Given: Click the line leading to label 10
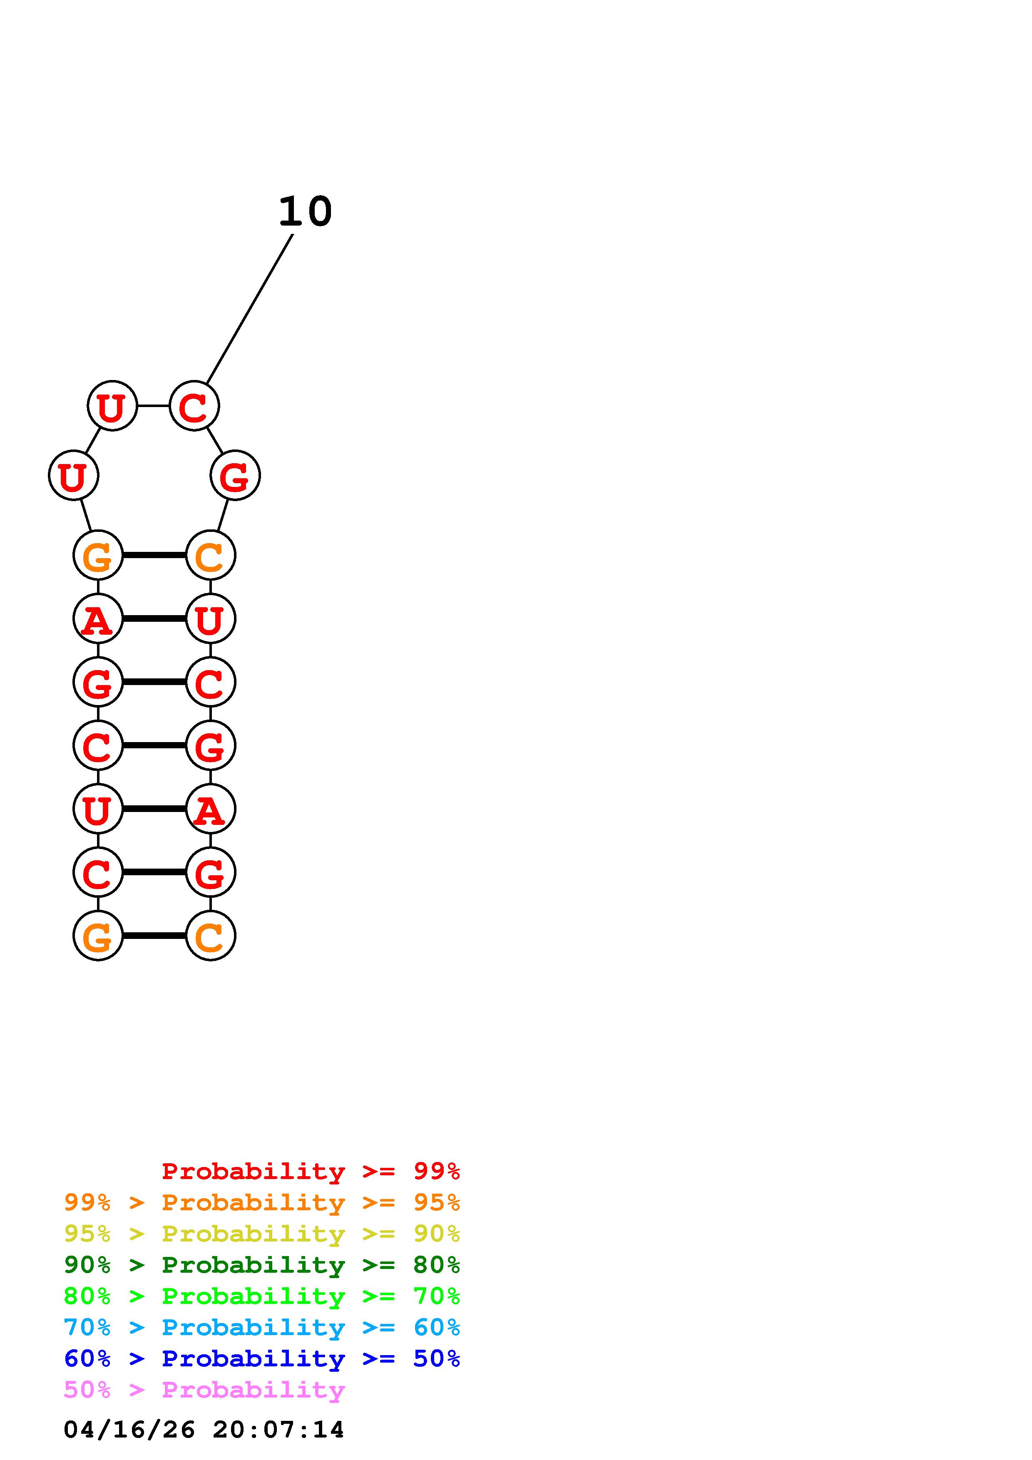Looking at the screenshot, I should click(250, 309).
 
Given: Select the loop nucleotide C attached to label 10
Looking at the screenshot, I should click(194, 406).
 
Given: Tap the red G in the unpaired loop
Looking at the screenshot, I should click(235, 476).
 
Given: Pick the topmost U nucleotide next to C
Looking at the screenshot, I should click(112, 406).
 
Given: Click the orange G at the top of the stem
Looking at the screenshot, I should click(97, 555).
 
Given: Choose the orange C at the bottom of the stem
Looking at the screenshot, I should click(211, 936).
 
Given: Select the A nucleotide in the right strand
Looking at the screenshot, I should click(211, 809).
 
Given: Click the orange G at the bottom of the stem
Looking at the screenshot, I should click(97, 936).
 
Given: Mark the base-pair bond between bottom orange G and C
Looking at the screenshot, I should click(154, 936).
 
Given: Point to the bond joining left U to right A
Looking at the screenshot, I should click(154, 809).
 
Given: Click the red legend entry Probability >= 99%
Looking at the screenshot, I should click(310, 1171).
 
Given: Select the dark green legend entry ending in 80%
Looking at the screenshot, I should click(262, 1265).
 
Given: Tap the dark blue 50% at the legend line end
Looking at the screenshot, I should click(436, 1358).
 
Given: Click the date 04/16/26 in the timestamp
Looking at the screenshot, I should click(129, 1430).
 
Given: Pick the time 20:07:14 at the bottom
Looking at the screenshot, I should click(279, 1430).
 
